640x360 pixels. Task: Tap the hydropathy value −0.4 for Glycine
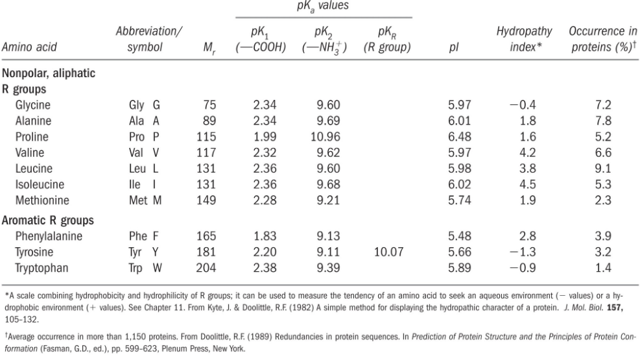[528, 104]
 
